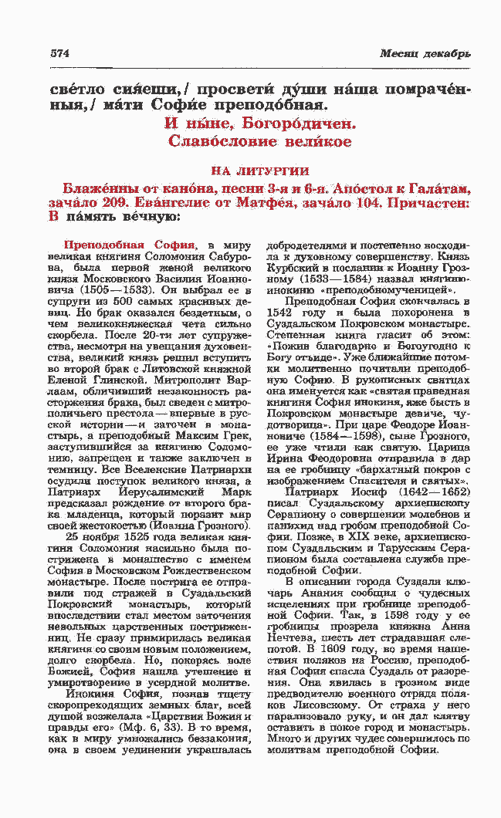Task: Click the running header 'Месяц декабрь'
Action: tap(425, 54)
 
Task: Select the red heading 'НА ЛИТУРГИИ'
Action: tap(260, 171)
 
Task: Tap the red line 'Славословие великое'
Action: tap(260, 142)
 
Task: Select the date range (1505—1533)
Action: tap(127, 283)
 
